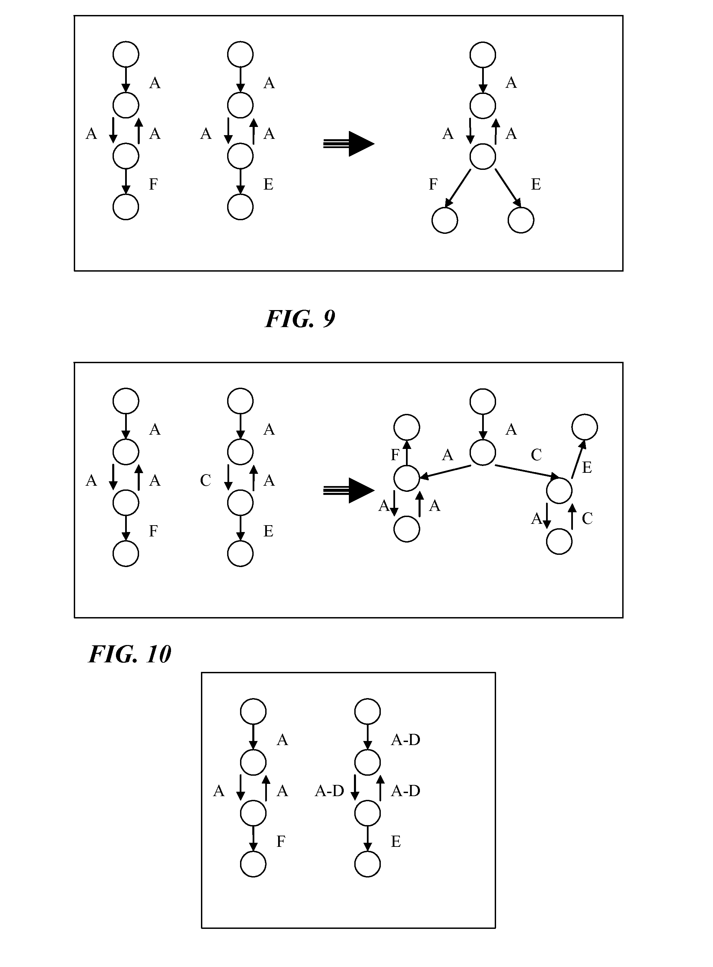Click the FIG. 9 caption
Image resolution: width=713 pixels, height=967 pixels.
300,319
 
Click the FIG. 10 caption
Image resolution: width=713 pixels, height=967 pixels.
130,654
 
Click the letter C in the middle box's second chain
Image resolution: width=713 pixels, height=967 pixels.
205,481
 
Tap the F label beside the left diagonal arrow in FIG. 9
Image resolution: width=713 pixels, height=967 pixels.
433,184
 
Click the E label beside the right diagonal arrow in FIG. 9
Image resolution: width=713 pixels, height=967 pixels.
536,184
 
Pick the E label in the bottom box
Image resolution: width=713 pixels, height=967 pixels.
396,842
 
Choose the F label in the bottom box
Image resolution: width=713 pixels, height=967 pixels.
281,842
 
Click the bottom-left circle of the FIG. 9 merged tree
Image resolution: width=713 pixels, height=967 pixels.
444,220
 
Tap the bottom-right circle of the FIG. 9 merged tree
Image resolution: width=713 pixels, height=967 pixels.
521,220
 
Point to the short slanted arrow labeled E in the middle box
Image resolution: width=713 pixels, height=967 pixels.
579,459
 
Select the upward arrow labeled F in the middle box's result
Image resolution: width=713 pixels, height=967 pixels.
407,453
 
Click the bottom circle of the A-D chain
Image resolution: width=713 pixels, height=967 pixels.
367,864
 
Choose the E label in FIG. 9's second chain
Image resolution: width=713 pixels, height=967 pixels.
269,184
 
